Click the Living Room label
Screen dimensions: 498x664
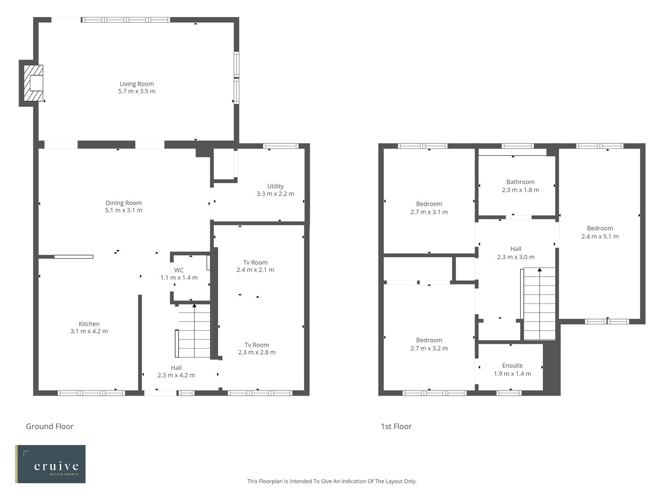[x=136, y=84]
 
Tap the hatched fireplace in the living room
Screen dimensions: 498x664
[x=33, y=83]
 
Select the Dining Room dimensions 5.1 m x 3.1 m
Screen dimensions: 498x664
[x=124, y=210]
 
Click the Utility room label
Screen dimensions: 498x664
[x=275, y=186]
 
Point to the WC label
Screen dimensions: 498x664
[x=179, y=270]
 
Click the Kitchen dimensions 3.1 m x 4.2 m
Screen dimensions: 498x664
[x=89, y=331]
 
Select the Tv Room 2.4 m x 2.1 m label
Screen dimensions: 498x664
[x=255, y=266]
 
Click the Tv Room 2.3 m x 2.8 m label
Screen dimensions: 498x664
[x=257, y=349]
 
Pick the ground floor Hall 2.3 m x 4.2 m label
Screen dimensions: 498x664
[x=176, y=371]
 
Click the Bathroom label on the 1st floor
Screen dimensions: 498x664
[x=520, y=182]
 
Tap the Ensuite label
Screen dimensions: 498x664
[x=512, y=366]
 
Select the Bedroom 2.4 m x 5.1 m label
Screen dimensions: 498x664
[x=600, y=232]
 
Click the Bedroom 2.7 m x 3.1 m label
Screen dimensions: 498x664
[x=429, y=208]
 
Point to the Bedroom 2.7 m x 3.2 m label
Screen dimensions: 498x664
[x=429, y=344]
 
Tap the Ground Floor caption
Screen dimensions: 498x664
[x=50, y=427]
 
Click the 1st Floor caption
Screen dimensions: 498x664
[x=396, y=427]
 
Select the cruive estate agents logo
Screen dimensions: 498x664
[x=51, y=464]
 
